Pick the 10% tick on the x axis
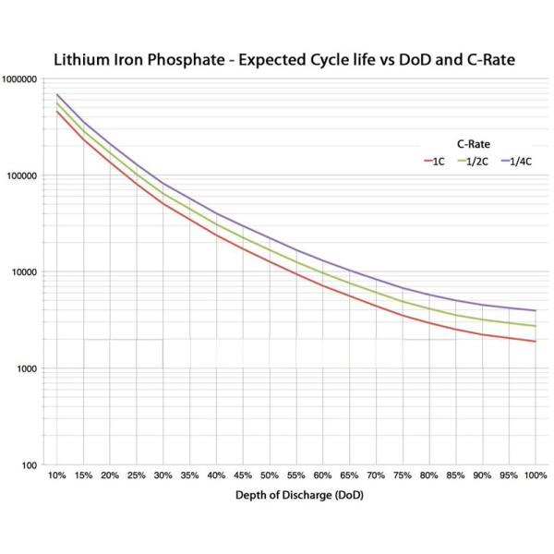click(x=56, y=476)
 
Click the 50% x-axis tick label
click(x=270, y=476)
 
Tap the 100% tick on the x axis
click(x=536, y=476)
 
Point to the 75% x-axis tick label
click(x=403, y=476)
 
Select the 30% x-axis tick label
click(x=163, y=476)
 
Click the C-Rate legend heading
click(x=473, y=145)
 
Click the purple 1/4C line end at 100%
click(x=536, y=310)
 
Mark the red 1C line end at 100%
click(x=536, y=342)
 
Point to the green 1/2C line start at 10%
click(x=57, y=103)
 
